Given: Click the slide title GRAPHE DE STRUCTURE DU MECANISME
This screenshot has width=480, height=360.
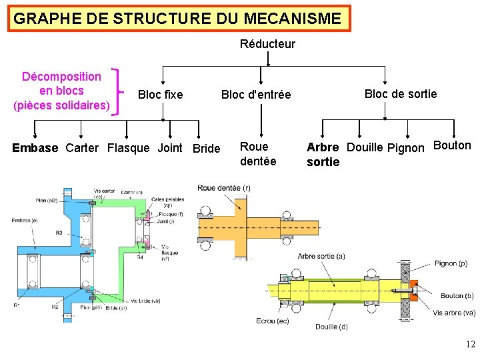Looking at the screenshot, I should click(177, 19).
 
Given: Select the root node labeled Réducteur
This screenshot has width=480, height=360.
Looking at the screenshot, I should click(267, 44).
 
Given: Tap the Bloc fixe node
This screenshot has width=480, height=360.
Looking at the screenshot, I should click(160, 95).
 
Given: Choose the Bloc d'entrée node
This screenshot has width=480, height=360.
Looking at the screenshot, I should click(256, 95).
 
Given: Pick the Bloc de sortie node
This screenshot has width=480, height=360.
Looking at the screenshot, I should click(401, 94).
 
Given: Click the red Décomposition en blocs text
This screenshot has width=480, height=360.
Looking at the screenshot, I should click(61, 91).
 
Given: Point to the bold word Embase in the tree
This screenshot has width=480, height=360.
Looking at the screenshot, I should click(35, 148).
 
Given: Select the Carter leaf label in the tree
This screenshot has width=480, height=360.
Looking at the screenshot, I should click(82, 148).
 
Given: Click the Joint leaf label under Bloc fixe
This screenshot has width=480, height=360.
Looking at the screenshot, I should click(169, 148).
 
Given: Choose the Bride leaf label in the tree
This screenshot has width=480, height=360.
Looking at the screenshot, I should click(206, 148).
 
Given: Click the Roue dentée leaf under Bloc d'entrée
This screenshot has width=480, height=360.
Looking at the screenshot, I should click(257, 153).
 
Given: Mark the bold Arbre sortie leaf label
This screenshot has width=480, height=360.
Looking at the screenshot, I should click(323, 154).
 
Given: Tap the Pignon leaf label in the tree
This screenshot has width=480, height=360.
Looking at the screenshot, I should click(405, 147).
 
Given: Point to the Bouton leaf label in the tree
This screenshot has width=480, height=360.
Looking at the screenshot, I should click(452, 145).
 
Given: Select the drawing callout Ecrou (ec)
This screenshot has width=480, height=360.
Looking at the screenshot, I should click(273, 321).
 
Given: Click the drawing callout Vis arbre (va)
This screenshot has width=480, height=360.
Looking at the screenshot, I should click(454, 313).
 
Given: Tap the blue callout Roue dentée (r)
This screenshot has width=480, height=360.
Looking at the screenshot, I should click(224, 188).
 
